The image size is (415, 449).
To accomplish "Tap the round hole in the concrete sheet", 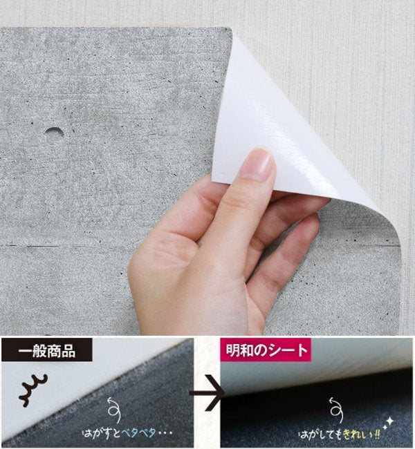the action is tap(54, 134).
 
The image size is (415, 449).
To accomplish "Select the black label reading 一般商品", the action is tap(47, 350).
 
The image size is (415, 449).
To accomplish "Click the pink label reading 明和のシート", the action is tap(266, 350).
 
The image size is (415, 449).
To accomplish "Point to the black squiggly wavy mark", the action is tap(33, 390).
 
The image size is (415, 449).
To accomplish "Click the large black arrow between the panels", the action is tap(207, 393).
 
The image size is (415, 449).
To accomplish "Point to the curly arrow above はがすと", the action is tap(114, 410).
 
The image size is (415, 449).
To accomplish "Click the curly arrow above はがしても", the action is tap(335, 410).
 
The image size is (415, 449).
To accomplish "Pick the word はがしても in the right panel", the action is tap(321, 435).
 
